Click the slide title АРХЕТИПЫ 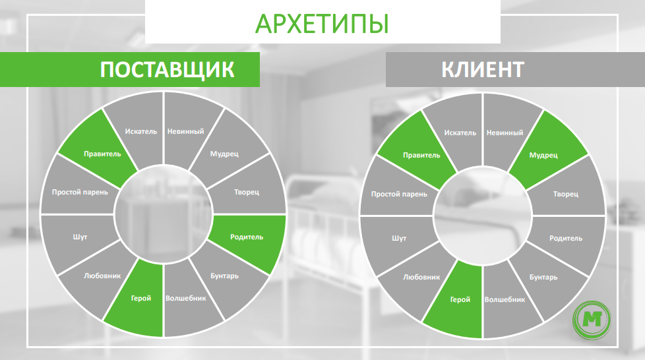pyautogui.click(x=321, y=23)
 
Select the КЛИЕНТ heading pyautogui.click(x=483, y=69)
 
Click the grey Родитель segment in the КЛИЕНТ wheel pyautogui.click(x=566, y=239)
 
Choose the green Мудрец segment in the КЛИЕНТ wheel pyautogui.click(x=545, y=156)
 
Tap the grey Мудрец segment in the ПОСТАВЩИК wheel pyautogui.click(x=224, y=154)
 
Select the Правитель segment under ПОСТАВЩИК pyautogui.click(x=103, y=154)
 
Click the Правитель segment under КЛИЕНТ pyautogui.click(x=421, y=156)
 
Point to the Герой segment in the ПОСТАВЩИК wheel pyautogui.click(x=140, y=298)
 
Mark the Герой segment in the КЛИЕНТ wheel pyautogui.click(x=460, y=299)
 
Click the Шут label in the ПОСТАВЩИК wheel pyautogui.click(x=79, y=236)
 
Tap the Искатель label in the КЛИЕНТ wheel pyautogui.click(x=460, y=132)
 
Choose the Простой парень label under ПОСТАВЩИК pyautogui.click(x=80, y=193)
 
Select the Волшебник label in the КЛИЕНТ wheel pyautogui.click(x=505, y=299)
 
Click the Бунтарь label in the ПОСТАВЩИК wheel pyautogui.click(x=225, y=276)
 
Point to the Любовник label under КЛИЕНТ pyautogui.click(x=421, y=277)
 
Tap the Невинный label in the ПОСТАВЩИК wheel pyautogui.click(x=185, y=131)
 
